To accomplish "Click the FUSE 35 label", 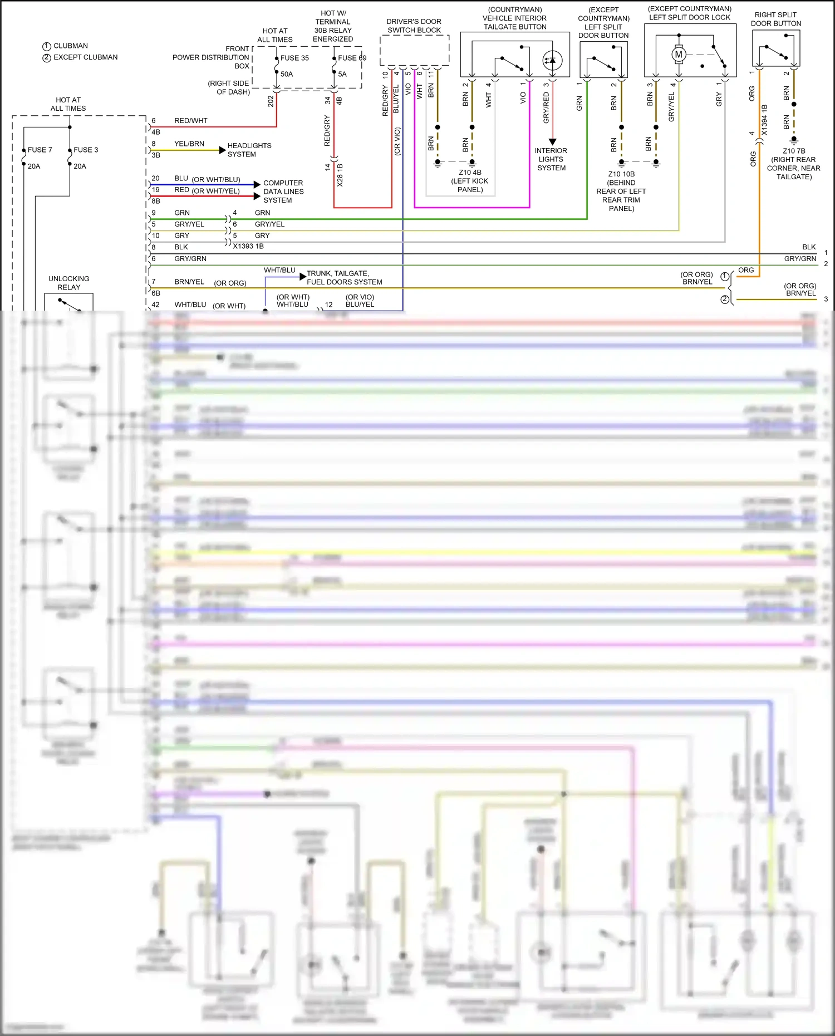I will click(x=294, y=58).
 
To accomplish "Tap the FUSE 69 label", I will click(x=352, y=58).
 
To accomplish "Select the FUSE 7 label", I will click(x=40, y=150).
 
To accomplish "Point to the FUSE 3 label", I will click(x=86, y=150).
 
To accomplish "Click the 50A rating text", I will click(x=287, y=74).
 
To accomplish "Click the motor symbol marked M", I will click(x=678, y=55).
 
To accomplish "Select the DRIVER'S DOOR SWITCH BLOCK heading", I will click(x=414, y=26).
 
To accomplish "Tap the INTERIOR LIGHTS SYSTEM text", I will click(x=551, y=159).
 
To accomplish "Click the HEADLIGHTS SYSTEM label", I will click(x=249, y=150).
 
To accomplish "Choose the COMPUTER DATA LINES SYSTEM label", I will click(x=283, y=192).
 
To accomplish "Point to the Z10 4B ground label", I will click(x=470, y=181).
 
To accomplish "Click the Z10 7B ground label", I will click(x=794, y=164).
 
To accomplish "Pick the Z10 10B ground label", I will click(x=621, y=191).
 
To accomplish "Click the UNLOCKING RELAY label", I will click(x=68, y=283).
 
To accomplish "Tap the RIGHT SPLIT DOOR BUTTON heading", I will click(x=775, y=19).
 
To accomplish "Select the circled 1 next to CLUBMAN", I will click(x=47, y=46).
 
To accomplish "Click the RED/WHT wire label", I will click(x=190, y=121).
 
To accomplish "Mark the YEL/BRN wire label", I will click(x=189, y=144).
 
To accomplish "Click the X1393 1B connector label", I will click(x=248, y=246).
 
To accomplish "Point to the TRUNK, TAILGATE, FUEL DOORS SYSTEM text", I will click(x=344, y=278).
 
